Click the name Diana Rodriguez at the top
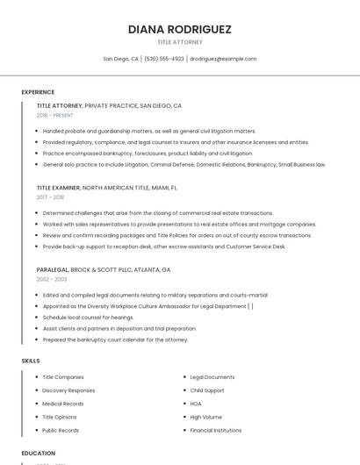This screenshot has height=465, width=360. coord(180,29)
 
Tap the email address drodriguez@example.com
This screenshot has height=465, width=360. coord(223,59)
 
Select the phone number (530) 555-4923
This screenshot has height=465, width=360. coord(164,59)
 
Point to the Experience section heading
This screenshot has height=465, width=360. coord(38,92)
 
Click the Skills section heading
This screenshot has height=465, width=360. coord(31,361)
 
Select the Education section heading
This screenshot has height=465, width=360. coord(39,454)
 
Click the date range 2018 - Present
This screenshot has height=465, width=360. coord(56,115)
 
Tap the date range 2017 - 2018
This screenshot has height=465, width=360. coord(50,197)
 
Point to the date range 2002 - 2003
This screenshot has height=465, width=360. coord(52,279)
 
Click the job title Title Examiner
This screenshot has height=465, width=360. coord(58,188)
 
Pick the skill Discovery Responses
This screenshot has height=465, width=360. coord(68,390)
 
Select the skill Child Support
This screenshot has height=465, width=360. coord(207,390)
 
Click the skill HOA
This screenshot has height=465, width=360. coord(196,404)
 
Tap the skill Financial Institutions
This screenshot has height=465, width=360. coord(216,431)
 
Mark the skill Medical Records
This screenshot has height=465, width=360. coord(64,404)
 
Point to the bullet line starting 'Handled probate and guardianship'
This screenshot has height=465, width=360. coord(149,131)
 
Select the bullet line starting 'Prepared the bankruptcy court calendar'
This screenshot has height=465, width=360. coord(115,340)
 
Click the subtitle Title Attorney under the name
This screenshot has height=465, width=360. coord(180,42)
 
